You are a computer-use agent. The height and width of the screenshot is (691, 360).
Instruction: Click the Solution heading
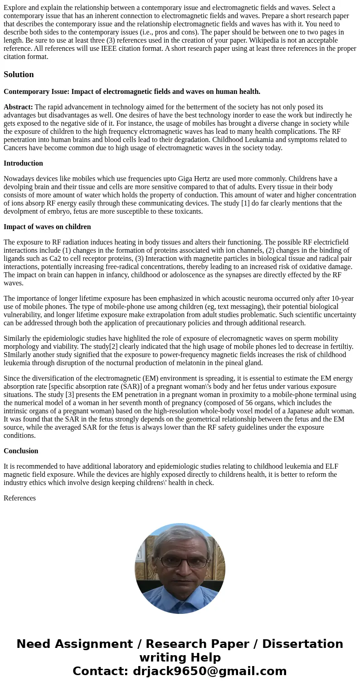[19, 74]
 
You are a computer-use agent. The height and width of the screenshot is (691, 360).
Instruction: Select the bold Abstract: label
[18, 107]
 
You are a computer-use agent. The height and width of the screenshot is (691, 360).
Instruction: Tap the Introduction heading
[23, 163]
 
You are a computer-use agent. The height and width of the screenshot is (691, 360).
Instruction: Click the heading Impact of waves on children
[47, 227]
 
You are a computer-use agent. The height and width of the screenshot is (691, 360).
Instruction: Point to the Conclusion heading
[21, 451]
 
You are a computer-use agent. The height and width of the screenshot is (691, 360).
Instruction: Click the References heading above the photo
[19, 498]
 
